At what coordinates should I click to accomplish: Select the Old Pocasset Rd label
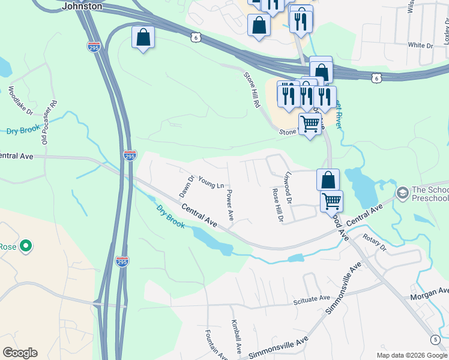(49, 122)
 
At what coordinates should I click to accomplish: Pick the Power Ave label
(229, 205)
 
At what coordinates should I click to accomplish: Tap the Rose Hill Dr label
(277, 205)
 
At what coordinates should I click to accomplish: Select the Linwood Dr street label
(288, 187)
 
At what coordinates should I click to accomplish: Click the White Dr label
(420, 46)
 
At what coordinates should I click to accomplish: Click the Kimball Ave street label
(236, 336)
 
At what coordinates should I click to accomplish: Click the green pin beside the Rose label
(25, 246)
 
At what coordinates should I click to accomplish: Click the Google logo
(20, 353)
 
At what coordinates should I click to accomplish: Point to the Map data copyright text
(412, 355)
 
